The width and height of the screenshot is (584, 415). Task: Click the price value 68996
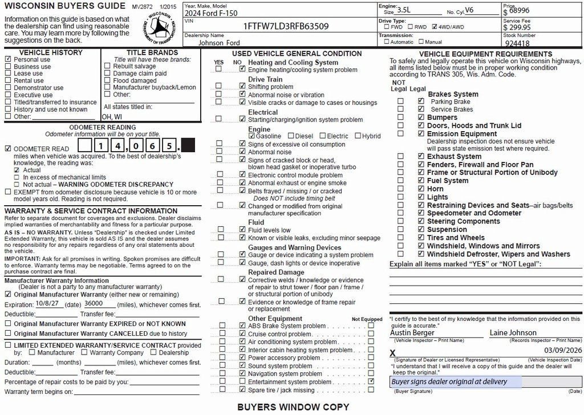coord(520,10)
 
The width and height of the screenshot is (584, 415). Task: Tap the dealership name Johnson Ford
coord(220,43)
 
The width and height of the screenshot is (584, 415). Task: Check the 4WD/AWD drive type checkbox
coord(435,27)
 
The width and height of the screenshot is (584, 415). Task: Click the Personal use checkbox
coord(8,59)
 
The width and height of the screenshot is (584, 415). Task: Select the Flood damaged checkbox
coord(108,81)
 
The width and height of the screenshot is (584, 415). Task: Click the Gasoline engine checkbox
coord(252,136)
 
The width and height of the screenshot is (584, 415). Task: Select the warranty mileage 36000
coord(92,304)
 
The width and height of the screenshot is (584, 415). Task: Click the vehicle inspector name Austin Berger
coord(412,333)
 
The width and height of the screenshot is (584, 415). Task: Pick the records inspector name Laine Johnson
coord(513,333)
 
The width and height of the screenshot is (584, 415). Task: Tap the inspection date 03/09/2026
coord(563,350)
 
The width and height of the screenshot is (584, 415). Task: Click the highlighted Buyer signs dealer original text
coord(449,382)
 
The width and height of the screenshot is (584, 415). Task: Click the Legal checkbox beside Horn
coord(421,189)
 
